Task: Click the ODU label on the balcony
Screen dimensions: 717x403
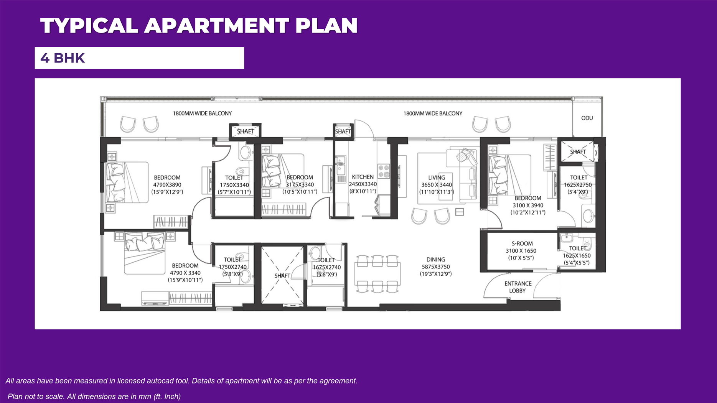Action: [x=587, y=118]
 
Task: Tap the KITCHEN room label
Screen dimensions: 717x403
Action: [x=363, y=177]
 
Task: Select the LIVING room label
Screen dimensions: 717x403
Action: [x=437, y=178]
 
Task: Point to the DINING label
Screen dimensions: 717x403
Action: [x=436, y=260]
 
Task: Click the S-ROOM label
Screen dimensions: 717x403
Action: [x=522, y=243]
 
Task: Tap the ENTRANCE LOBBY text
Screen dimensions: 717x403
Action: [x=518, y=287]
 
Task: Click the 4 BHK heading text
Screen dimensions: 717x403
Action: [x=63, y=58]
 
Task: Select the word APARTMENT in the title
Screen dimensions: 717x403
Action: [x=217, y=26]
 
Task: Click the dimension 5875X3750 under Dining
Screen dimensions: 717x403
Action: [x=436, y=267]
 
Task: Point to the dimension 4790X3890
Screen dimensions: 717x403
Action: [x=167, y=185]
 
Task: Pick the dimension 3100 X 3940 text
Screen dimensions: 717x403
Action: [x=528, y=206]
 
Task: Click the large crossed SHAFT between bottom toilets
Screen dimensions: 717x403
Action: [x=282, y=275]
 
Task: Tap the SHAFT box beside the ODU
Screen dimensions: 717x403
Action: [x=578, y=152]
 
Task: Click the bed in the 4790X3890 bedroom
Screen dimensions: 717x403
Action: [x=127, y=183]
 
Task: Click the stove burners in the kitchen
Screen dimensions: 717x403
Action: [x=384, y=171]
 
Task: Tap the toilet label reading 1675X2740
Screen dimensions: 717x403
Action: [x=326, y=267]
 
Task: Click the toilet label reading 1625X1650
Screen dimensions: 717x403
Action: [x=577, y=256]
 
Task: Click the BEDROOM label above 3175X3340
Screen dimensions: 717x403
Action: [x=300, y=178]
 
